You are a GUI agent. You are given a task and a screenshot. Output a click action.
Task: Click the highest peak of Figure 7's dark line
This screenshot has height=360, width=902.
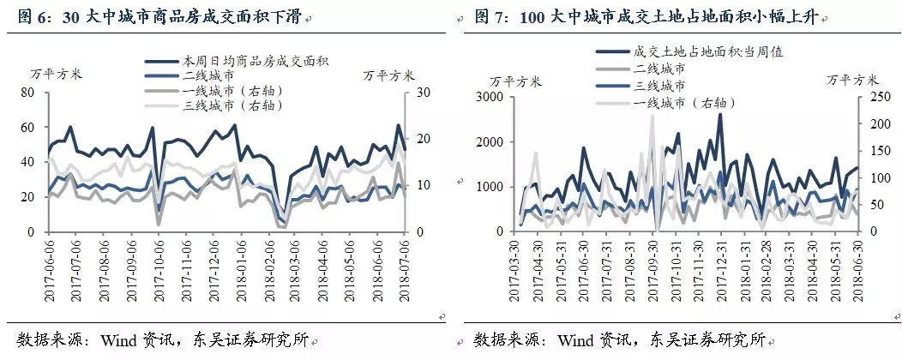click(719, 114)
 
